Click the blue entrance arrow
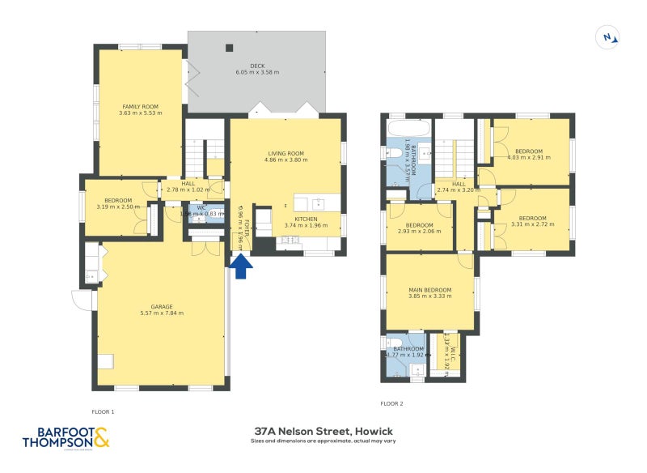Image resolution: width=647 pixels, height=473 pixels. point(239,266)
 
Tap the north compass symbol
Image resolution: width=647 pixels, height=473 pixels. point(608,36)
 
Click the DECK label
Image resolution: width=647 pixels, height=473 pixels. point(257,66)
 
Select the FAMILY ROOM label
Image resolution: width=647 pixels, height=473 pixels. point(141,106)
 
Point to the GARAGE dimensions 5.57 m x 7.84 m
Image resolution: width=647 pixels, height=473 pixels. point(162,313)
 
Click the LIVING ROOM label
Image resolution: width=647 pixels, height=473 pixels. point(285,153)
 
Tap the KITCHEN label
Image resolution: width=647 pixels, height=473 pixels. point(305,219)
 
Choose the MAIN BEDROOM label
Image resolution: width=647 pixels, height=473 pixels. point(429,289)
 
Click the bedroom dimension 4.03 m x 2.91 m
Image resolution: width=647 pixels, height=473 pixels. point(529,157)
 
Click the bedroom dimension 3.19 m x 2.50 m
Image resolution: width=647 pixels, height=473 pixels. point(118,207)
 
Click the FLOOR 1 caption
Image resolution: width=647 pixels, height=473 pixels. point(103,411)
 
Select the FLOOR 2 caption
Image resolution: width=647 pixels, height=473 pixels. point(391,403)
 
